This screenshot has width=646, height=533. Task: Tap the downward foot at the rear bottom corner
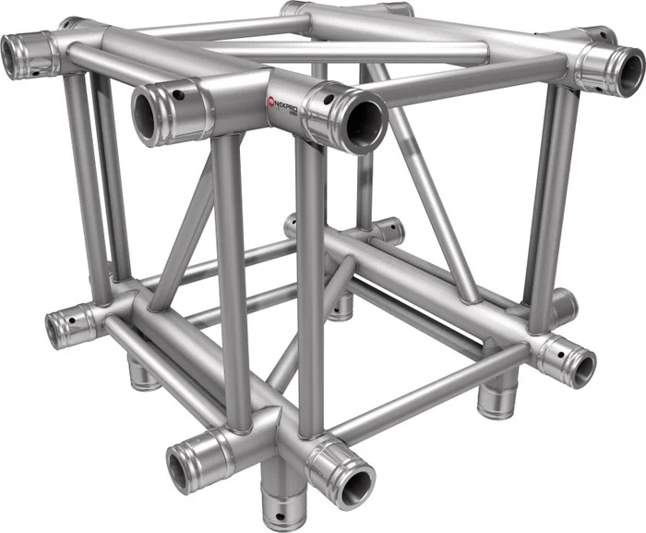(x=342, y=306)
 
